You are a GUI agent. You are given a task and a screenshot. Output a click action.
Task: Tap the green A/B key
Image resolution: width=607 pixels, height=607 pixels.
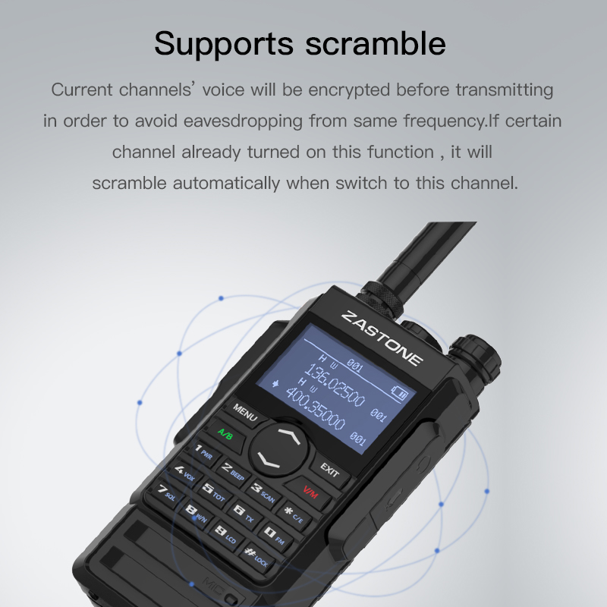pos(225,434)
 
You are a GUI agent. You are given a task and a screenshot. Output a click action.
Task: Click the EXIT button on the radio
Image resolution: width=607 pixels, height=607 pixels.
pos(329,470)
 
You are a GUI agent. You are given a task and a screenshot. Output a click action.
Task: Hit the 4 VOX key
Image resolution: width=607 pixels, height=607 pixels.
pos(185,474)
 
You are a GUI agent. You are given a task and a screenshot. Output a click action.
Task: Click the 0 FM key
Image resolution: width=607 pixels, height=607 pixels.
pos(272,535)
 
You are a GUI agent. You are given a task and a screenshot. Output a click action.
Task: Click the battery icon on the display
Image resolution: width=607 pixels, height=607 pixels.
pos(399,393)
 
